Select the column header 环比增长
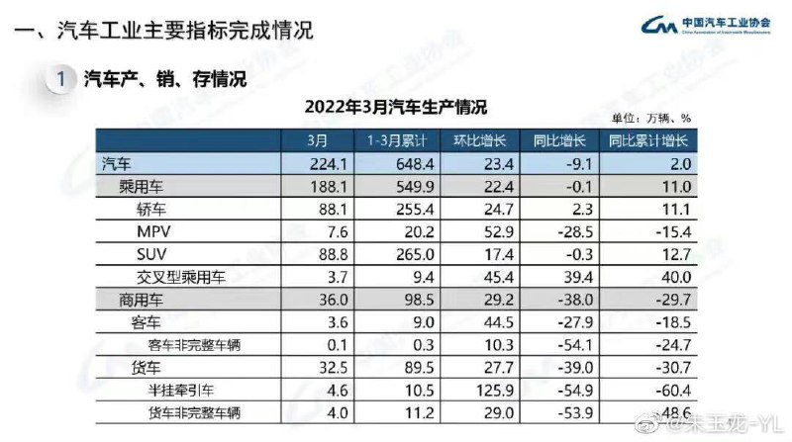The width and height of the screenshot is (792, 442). click(x=478, y=140)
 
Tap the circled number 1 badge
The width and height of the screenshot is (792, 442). click(x=62, y=79)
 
